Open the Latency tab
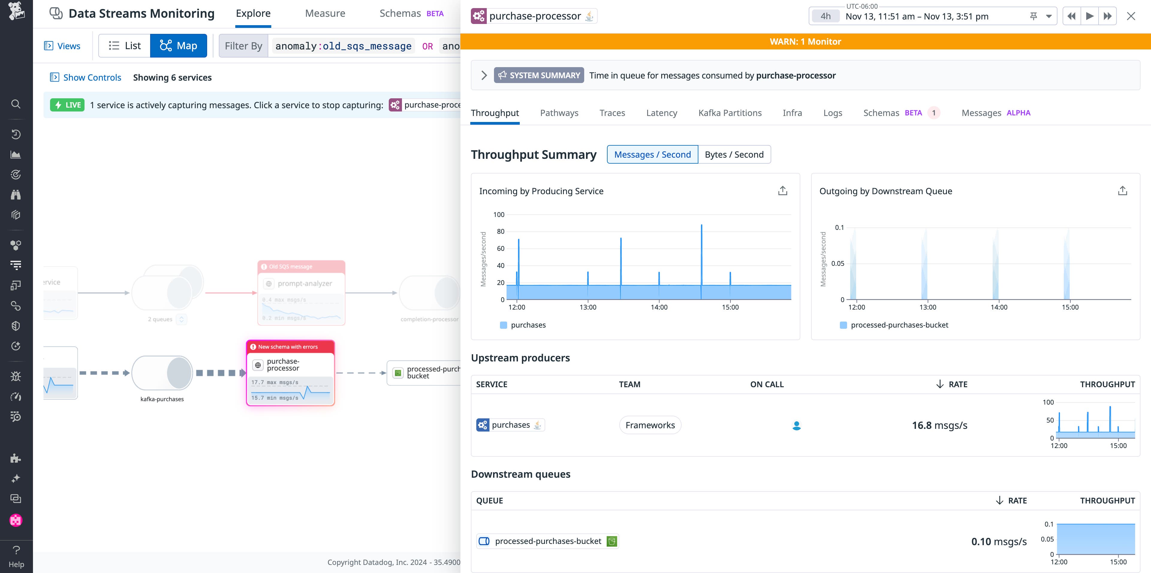point(661,113)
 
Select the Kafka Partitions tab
point(730,113)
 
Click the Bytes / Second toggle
point(734,155)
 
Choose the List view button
point(125,46)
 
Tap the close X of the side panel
point(1131,16)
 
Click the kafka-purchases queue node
point(162,373)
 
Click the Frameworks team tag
point(650,425)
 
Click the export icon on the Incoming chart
point(782,191)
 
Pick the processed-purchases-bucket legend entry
point(899,325)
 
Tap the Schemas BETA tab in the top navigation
point(411,13)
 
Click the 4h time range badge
point(825,16)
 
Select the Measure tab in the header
point(325,13)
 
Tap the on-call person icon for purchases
point(796,426)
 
